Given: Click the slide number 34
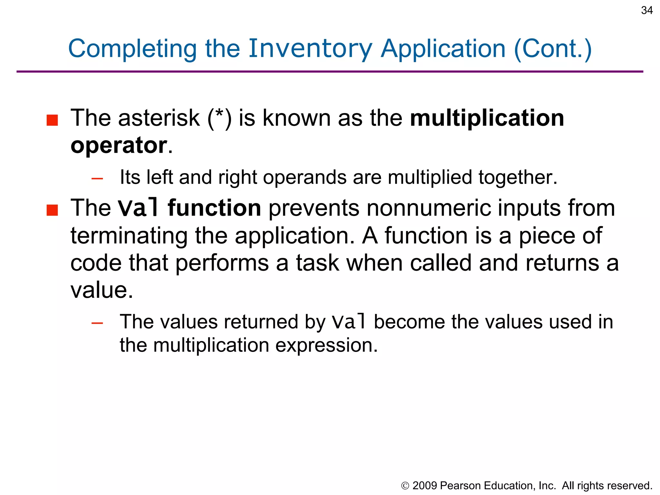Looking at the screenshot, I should click(x=646, y=10).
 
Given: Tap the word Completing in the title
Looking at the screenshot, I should click(x=132, y=49).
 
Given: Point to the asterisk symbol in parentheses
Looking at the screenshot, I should click(x=219, y=114).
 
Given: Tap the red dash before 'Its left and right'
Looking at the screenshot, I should click(x=97, y=178).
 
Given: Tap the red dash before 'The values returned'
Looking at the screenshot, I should click(x=97, y=323).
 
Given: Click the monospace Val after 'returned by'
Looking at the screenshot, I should click(x=349, y=322).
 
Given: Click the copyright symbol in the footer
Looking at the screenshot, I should click(x=405, y=486).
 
